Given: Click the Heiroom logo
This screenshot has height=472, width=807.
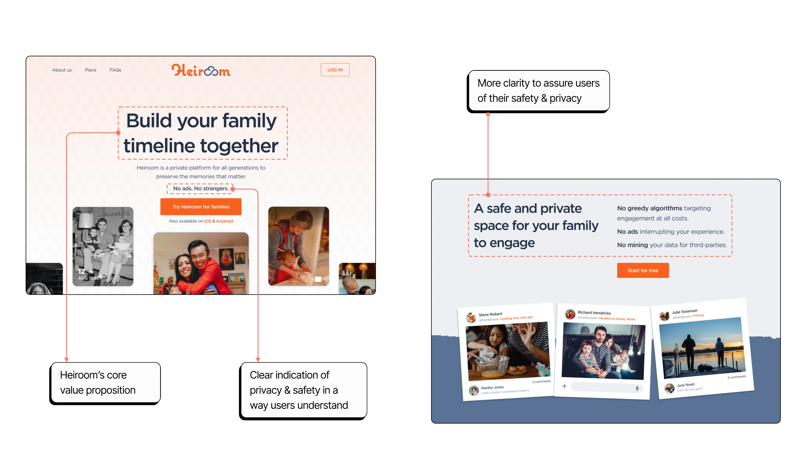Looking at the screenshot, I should coord(201,70).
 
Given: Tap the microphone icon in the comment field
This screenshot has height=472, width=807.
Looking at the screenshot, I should coord(637,388).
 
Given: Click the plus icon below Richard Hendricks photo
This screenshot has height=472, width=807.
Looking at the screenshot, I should coord(564,386).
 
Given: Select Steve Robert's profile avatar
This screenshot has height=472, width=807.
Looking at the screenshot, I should coord(471,317).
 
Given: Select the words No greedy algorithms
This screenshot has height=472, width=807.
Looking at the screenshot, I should coord(649,208).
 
